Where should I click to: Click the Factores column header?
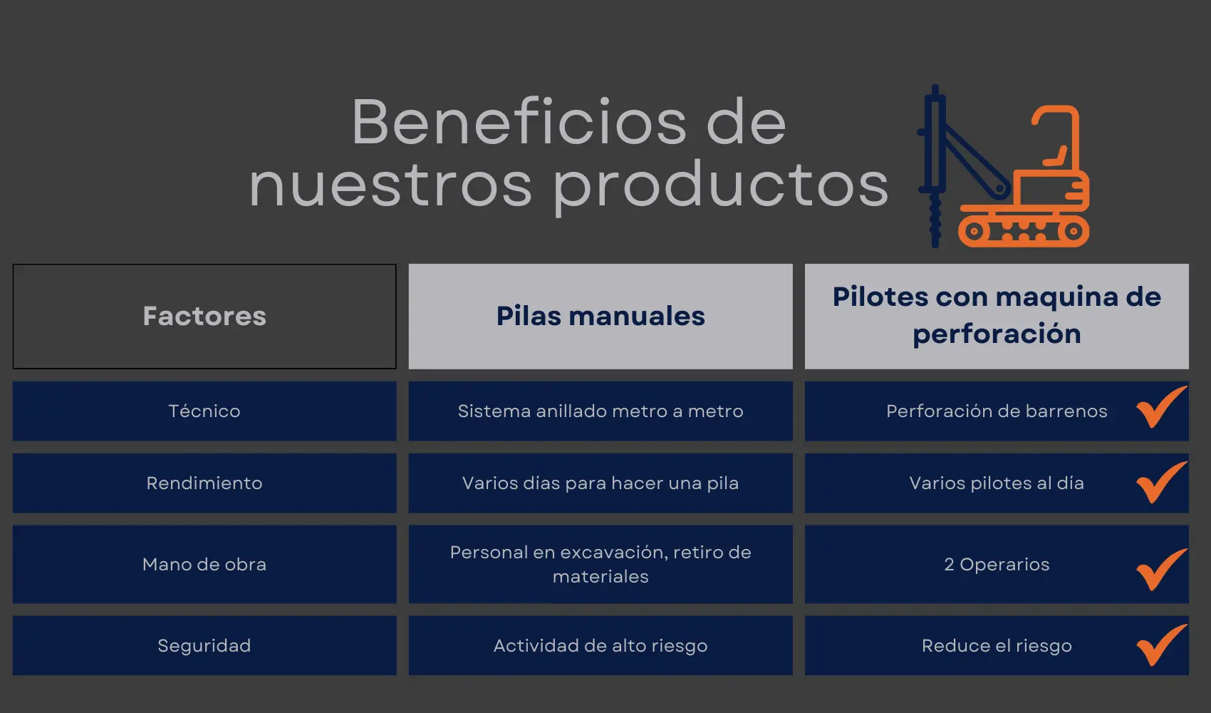pos(204,316)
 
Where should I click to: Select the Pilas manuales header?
pos(600,316)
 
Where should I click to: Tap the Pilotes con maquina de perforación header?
pos(997,316)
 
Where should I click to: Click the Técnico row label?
pos(204,411)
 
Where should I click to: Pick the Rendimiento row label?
pos(204,483)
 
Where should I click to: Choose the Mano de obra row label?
pos(204,564)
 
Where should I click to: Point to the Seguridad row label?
pos(204,645)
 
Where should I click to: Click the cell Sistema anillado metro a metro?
pos(600,411)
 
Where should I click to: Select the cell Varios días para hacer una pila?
pos(600,483)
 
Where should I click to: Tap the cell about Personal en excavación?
pos(600,564)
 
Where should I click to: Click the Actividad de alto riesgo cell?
pos(600,645)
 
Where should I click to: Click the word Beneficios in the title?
pos(519,122)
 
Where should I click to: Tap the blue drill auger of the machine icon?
pos(935,221)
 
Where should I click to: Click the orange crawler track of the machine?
pos(1024,231)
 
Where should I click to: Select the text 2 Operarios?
pos(997,564)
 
